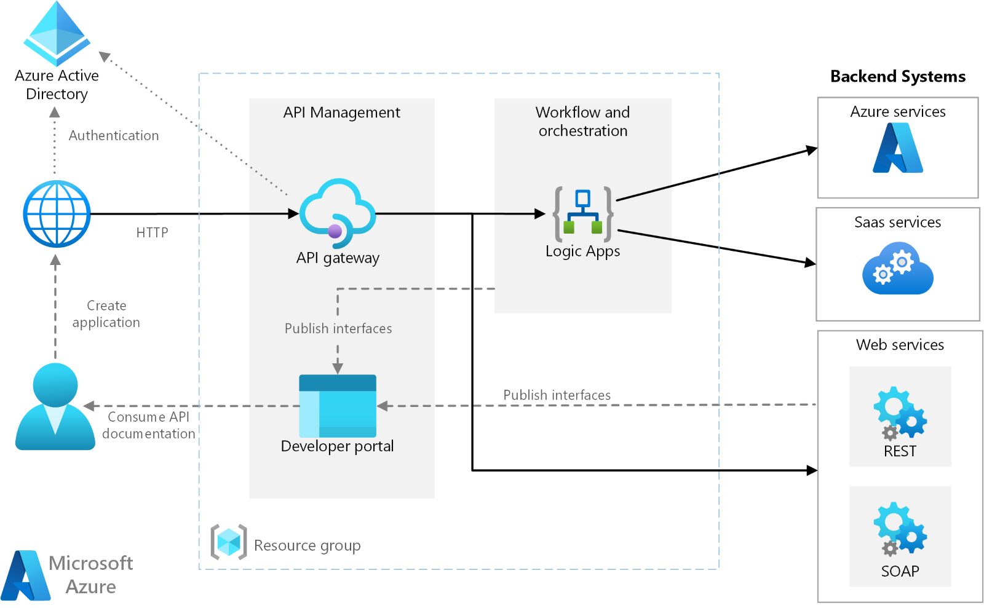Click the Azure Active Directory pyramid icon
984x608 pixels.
tap(57, 34)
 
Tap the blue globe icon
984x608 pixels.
tap(57, 214)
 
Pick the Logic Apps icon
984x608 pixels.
tap(582, 214)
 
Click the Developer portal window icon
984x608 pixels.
tap(337, 406)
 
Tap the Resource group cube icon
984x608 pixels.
tap(229, 542)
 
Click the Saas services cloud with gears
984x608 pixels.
tap(897, 269)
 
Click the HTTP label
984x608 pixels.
tap(152, 233)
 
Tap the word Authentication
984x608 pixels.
tap(114, 136)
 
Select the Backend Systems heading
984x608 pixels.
tap(897, 77)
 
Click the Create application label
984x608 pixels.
tap(106, 314)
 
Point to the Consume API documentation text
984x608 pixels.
tap(148, 425)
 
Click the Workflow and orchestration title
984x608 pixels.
tap(582, 122)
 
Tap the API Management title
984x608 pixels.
tap(341, 113)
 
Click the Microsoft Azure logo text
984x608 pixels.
tap(90, 575)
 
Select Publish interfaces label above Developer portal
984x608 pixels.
tap(338, 329)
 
